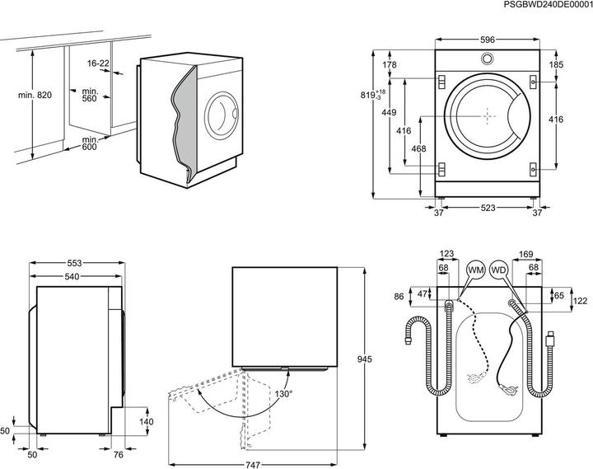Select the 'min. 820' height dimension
tap(34, 96)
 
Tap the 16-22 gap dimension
tap(98, 63)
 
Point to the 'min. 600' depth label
tap(92, 145)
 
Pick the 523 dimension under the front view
tap(488, 209)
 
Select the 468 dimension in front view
tap(418, 148)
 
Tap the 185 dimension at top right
tap(557, 63)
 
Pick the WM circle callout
tap(475, 270)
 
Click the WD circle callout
tap(498, 270)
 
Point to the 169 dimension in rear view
tap(524, 254)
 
